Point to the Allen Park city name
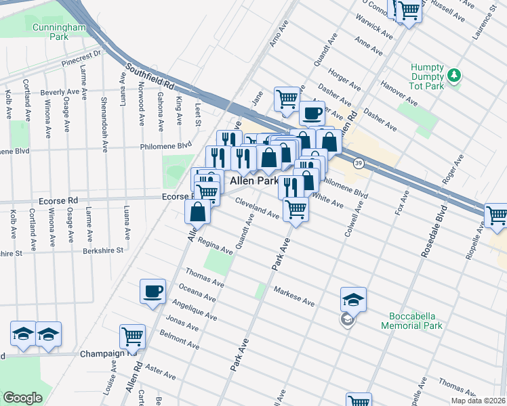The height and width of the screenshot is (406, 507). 254,181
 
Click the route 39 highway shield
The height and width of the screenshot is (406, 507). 358,163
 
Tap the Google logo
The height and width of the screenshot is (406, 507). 22,397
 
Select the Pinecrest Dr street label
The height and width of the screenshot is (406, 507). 80,58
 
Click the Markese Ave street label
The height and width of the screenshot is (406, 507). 294,296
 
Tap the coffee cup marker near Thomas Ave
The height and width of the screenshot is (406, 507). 153,291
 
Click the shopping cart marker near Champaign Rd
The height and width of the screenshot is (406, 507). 132,336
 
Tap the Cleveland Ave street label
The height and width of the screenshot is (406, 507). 258,208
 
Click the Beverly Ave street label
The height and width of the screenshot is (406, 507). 60,92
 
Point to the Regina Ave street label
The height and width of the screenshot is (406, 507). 216,246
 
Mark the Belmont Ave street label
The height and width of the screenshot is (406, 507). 179,338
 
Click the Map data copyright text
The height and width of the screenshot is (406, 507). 479,400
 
